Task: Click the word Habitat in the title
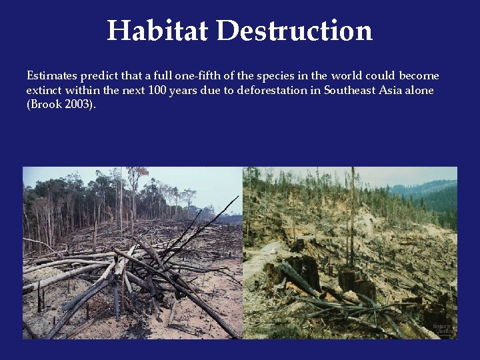157,31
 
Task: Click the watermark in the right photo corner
442,330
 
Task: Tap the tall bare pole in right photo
352,213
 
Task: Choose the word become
419,76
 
